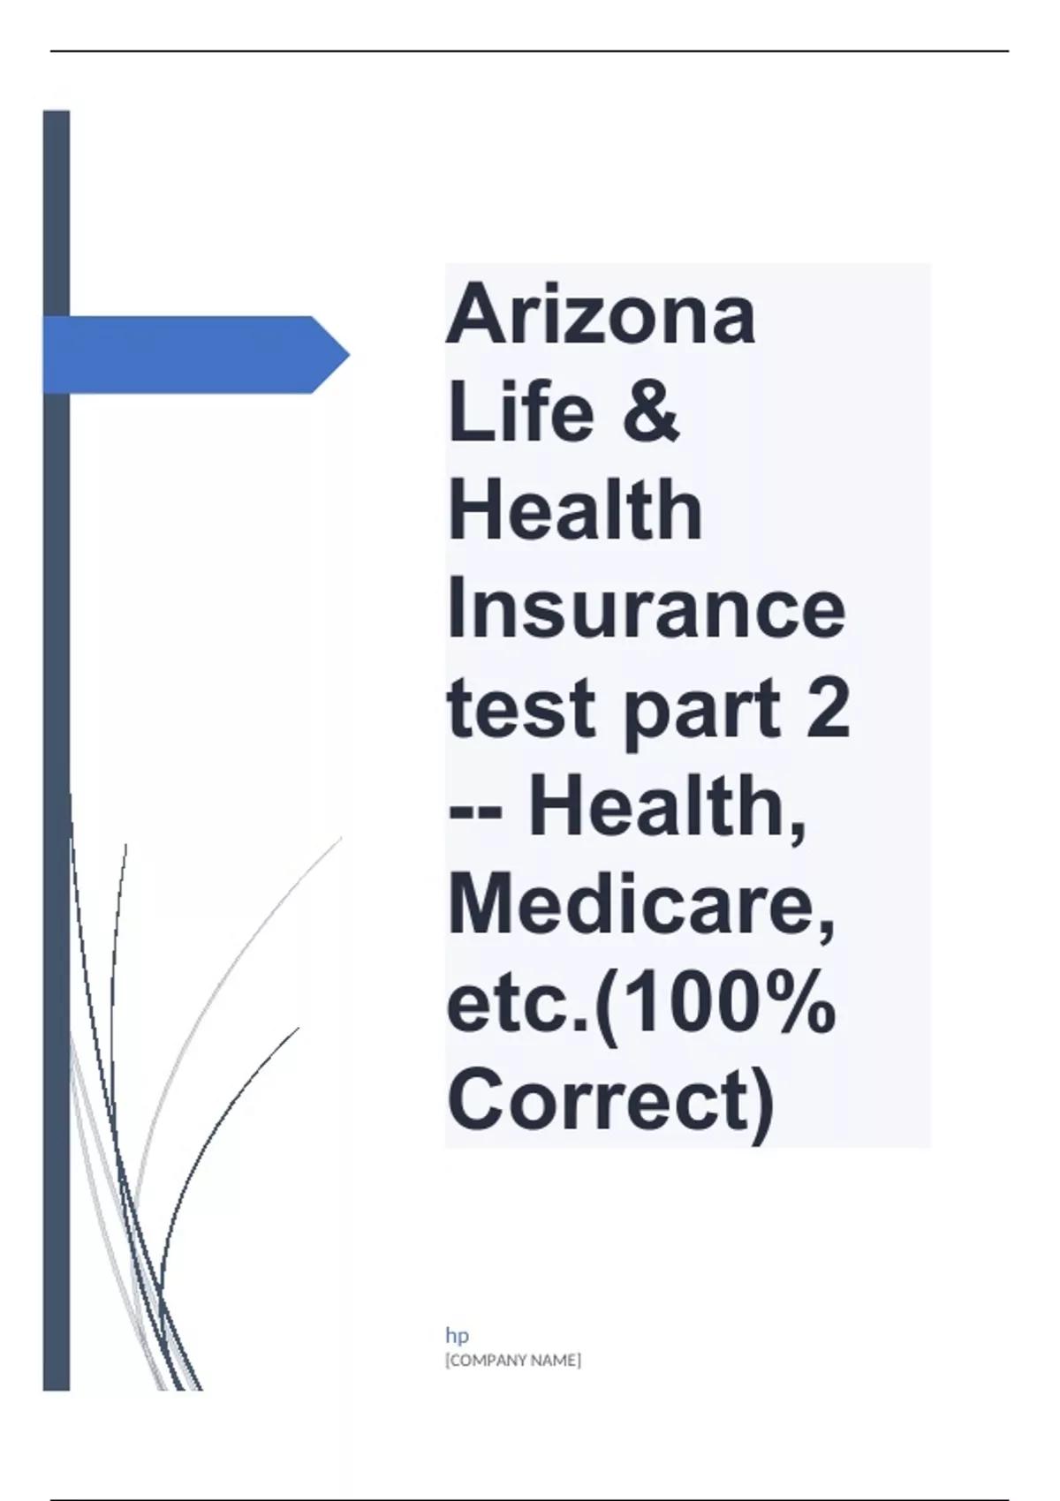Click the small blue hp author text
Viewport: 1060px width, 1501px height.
tap(458, 1336)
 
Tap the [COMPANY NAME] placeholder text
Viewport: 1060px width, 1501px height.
tap(513, 1361)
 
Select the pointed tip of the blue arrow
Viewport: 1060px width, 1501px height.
tap(349, 354)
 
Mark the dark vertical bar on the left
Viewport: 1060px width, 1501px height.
tap(57, 750)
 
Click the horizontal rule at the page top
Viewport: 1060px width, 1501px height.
tap(530, 51)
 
